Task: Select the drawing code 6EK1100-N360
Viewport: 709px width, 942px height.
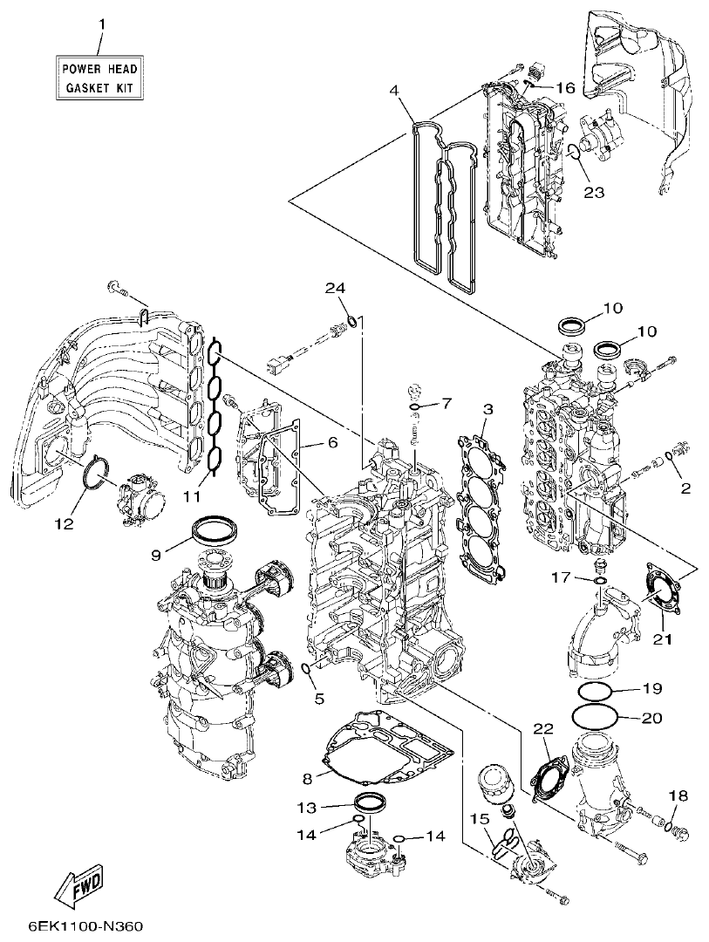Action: click(x=85, y=926)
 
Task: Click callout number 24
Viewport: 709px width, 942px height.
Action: click(x=337, y=289)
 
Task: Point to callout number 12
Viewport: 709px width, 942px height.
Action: click(x=65, y=524)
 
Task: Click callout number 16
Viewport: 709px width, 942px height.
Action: click(x=565, y=89)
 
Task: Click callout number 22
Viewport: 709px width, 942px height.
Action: click(x=542, y=729)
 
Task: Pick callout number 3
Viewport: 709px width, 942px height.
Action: click(x=488, y=408)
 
